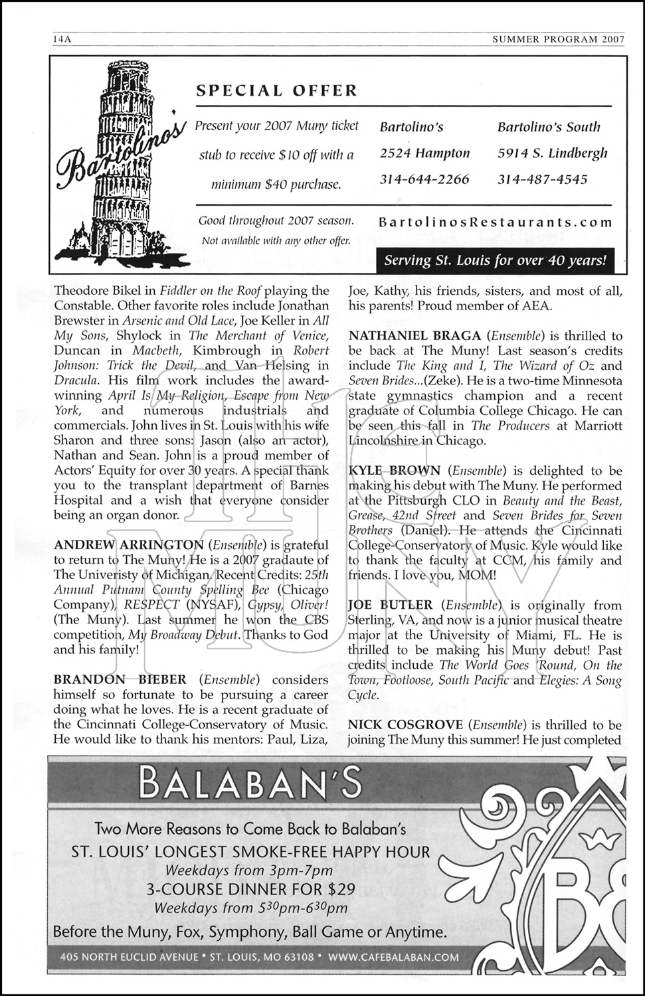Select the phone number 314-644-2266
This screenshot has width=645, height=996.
coord(424,179)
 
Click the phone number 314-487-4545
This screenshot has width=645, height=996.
coord(542,179)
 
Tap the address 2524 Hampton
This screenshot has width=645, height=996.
coord(424,153)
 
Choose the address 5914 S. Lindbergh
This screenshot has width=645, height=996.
coord(552,153)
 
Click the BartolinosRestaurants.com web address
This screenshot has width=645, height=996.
coord(495,223)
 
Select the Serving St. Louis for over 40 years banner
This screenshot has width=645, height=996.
coord(496,260)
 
